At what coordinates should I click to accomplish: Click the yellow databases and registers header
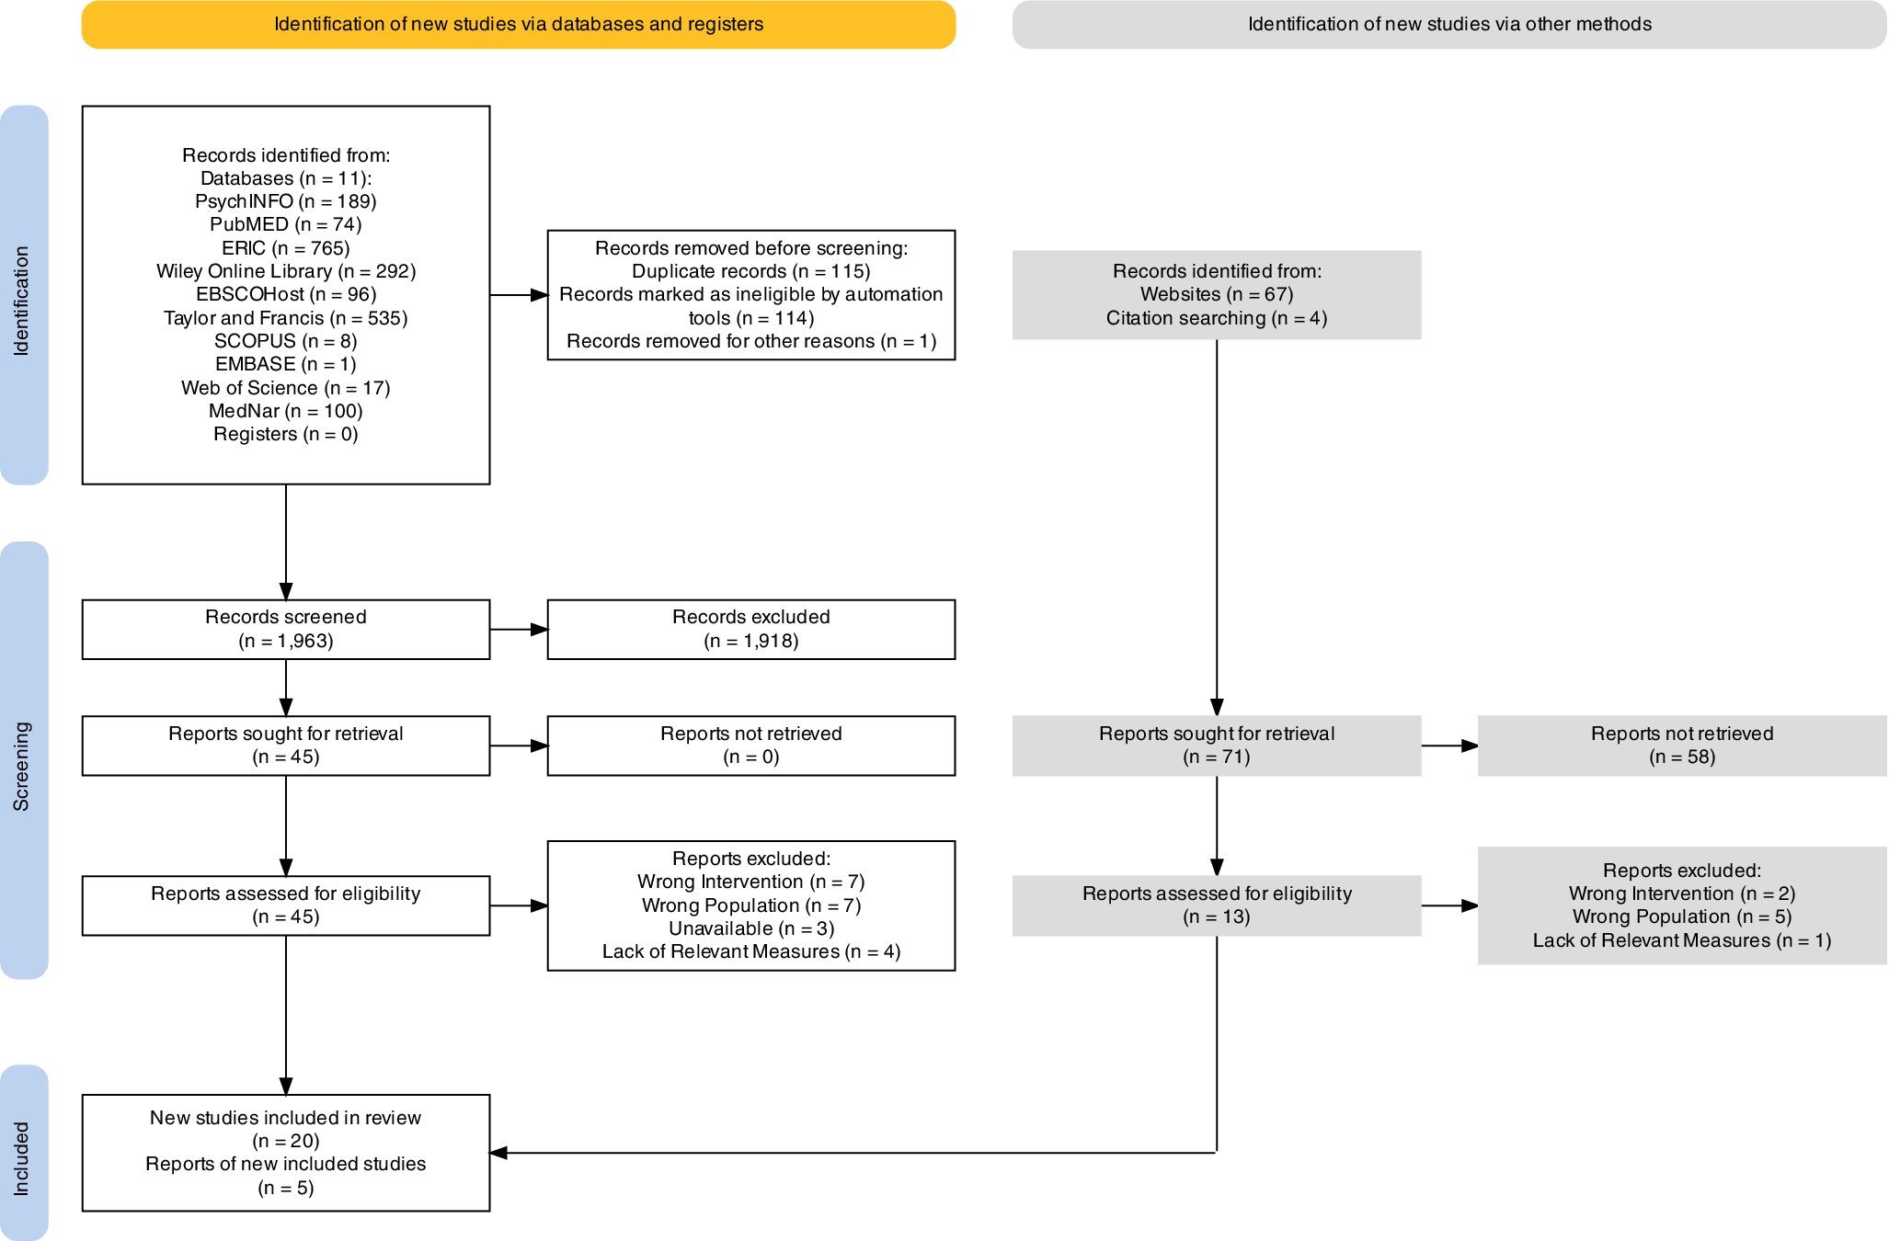point(519,24)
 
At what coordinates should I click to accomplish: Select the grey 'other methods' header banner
point(1449,24)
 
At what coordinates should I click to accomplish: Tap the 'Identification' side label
point(22,301)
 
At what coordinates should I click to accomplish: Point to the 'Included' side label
point(22,1158)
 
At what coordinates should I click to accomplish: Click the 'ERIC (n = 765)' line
point(286,248)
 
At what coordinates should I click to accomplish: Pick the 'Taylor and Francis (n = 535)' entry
point(286,318)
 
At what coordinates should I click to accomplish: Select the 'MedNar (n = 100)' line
point(286,411)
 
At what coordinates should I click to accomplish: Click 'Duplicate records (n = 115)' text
point(751,271)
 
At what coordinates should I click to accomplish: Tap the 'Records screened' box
point(286,630)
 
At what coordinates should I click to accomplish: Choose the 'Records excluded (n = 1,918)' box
point(751,630)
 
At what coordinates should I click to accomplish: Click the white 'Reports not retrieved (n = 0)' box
point(751,746)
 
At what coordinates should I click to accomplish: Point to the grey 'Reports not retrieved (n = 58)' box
point(1682,746)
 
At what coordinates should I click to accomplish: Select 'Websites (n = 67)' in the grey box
point(1217,294)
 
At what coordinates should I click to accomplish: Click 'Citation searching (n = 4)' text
point(1217,318)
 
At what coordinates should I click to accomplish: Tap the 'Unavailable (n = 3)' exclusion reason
point(751,928)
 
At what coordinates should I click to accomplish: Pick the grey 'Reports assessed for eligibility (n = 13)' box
point(1217,905)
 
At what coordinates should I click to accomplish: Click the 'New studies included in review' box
point(286,1153)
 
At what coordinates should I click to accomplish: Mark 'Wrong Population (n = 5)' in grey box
point(1682,917)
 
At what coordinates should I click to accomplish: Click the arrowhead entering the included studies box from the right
point(498,1153)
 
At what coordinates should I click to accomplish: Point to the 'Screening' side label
point(22,767)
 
